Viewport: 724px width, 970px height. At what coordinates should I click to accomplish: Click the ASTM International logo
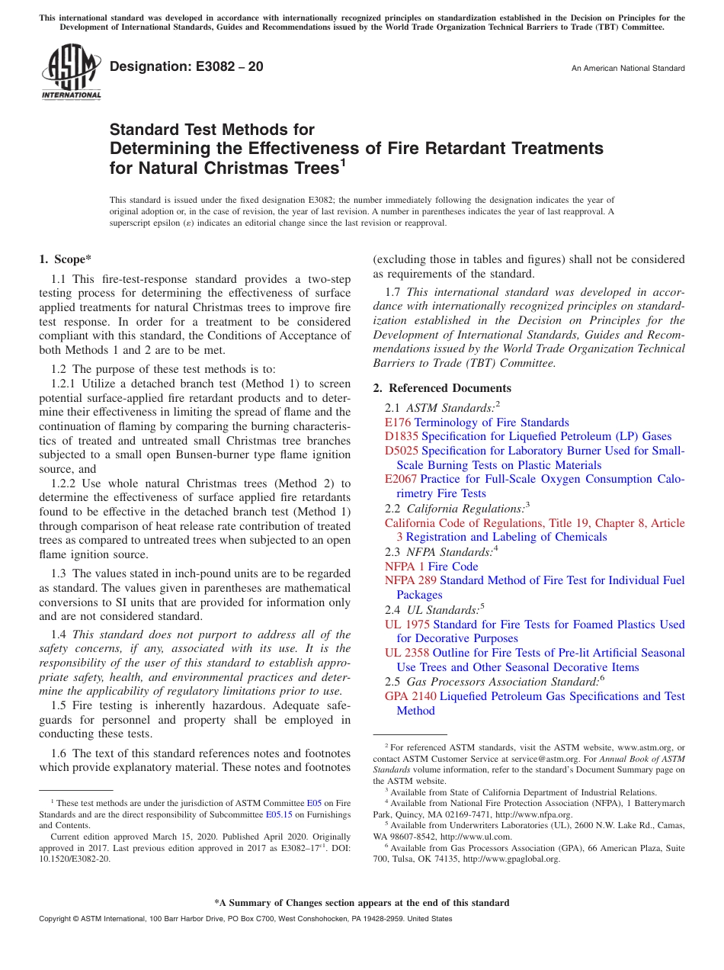[x=71, y=73]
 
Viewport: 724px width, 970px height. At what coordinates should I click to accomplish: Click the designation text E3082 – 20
[x=187, y=67]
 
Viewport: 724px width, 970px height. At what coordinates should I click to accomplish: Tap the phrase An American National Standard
[x=628, y=69]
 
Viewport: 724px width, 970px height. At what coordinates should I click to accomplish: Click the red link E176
[x=397, y=422]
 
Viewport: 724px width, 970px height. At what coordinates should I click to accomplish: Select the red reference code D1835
[x=401, y=437]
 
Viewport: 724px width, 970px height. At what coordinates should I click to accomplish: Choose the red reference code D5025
[x=401, y=451]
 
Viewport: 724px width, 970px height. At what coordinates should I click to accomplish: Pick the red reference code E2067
[x=401, y=480]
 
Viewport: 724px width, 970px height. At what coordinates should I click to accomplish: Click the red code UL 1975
[x=407, y=625]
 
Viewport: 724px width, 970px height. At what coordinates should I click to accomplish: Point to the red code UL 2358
[x=407, y=654]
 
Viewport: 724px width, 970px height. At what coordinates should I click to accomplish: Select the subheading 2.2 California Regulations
[x=457, y=509]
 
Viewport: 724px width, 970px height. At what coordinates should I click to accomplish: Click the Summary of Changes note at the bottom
[x=361, y=903]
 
